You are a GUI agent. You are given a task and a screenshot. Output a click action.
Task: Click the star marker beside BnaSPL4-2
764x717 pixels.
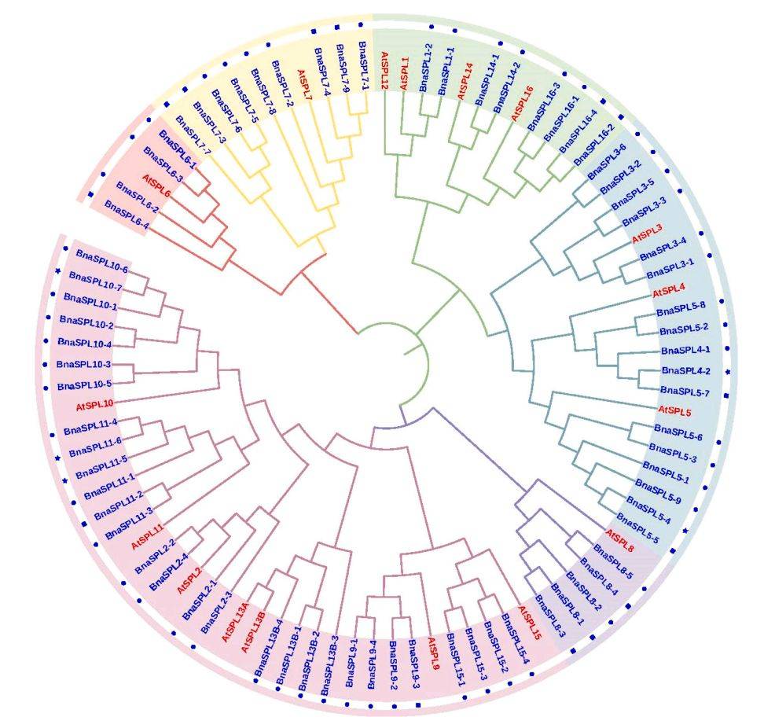[x=728, y=371]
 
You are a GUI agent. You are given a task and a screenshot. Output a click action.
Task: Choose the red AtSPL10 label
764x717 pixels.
[x=96, y=406]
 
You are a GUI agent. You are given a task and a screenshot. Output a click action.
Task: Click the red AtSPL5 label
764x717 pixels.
[x=674, y=410]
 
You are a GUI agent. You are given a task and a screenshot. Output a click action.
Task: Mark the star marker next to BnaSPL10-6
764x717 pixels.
[x=57, y=272]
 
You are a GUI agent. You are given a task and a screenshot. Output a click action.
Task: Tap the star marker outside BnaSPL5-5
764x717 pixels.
[x=685, y=531]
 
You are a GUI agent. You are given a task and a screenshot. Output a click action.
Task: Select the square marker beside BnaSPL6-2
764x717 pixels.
[x=91, y=195]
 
